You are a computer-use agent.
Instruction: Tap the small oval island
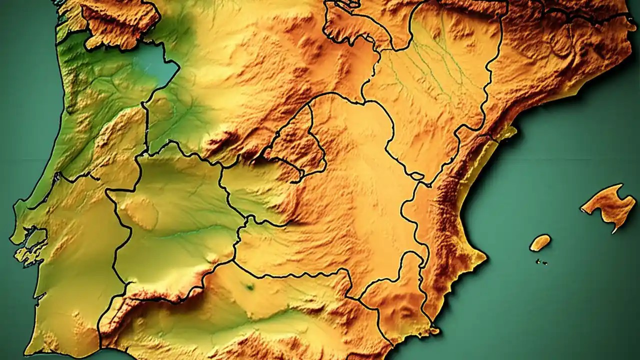coord(540,242)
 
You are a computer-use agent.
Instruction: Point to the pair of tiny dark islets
coord(541,261)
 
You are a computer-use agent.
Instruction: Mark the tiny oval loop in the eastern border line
coord(416,175)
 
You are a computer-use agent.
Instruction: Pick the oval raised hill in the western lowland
coord(141,212)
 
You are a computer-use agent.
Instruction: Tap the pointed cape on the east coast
coord(484,257)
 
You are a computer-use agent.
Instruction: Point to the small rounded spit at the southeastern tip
coord(434,330)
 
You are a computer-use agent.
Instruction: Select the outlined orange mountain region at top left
coord(120,22)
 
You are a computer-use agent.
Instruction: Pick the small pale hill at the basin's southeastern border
coord(212,258)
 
